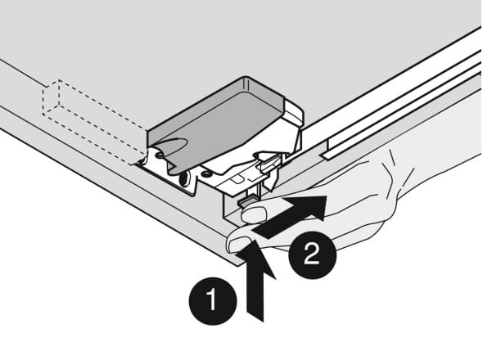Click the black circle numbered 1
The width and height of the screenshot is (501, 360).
pyautogui.click(x=213, y=301)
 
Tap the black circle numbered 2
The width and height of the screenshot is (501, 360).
pyautogui.click(x=313, y=255)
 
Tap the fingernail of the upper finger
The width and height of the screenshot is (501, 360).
pyautogui.click(x=255, y=214)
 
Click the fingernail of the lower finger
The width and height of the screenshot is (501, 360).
pyautogui.click(x=239, y=245)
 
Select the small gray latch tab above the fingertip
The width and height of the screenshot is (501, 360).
pyautogui.click(x=246, y=203)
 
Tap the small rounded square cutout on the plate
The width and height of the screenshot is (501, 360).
pyautogui.click(x=237, y=179)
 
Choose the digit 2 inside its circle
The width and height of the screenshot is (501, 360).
pyautogui.click(x=312, y=254)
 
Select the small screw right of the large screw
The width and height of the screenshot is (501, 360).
pyautogui.click(x=205, y=174)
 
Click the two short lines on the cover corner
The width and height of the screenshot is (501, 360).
pyautogui.click(x=246, y=83)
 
